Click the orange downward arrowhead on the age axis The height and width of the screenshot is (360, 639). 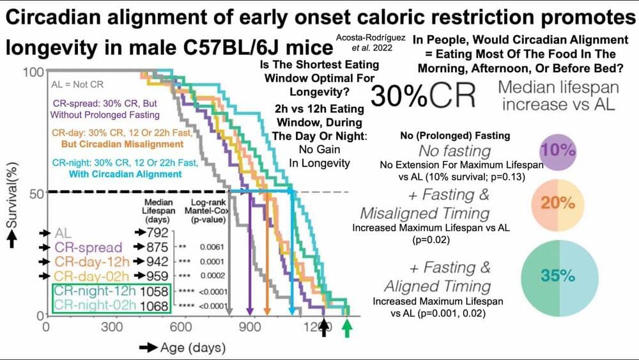(267, 311)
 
